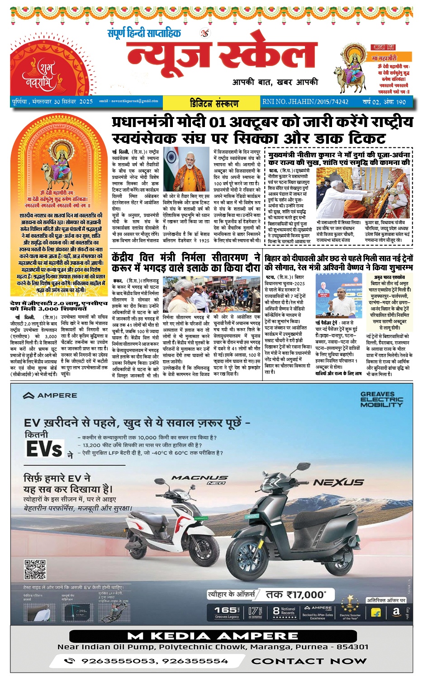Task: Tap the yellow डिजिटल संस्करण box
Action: (x=214, y=103)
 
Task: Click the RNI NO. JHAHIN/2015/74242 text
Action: (x=305, y=102)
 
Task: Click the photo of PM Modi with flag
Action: (x=187, y=169)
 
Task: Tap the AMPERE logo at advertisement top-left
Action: (x=50, y=396)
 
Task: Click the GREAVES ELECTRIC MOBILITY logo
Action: (x=381, y=400)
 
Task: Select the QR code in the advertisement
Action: (x=35, y=569)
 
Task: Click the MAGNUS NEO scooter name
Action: (x=200, y=479)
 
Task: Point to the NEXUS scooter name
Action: (x=338, y=482)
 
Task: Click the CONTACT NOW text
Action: (x=309, y=661)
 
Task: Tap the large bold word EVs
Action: (x=44, y=449)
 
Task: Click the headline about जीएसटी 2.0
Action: (x=59, y=306)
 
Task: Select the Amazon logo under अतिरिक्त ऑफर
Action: (x=396, y=612)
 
